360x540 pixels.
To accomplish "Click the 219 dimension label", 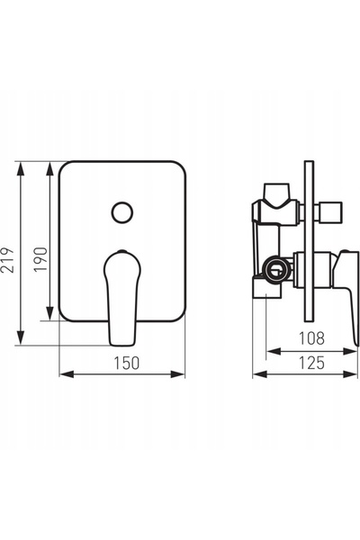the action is coord(7,260).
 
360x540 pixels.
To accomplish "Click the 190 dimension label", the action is coord(40,259).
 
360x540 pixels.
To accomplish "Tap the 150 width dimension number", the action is coord(127,363).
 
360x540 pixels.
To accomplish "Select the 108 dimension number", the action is coord(311,338).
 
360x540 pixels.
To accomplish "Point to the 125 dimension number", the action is coord(311,363).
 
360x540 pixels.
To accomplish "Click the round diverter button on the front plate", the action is coord(122,212).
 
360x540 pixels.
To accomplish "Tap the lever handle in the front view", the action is coord(122,298).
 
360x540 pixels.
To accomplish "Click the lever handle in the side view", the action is coord(346,297).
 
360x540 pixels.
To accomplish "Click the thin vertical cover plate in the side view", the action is coord(309,241).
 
